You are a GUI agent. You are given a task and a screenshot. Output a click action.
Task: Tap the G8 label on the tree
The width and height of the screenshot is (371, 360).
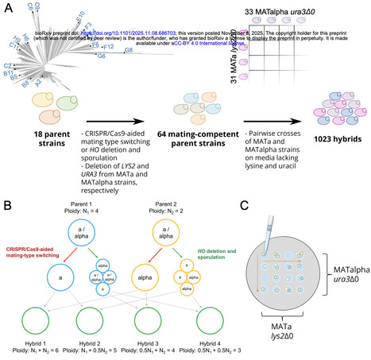[x=128, y=50]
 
